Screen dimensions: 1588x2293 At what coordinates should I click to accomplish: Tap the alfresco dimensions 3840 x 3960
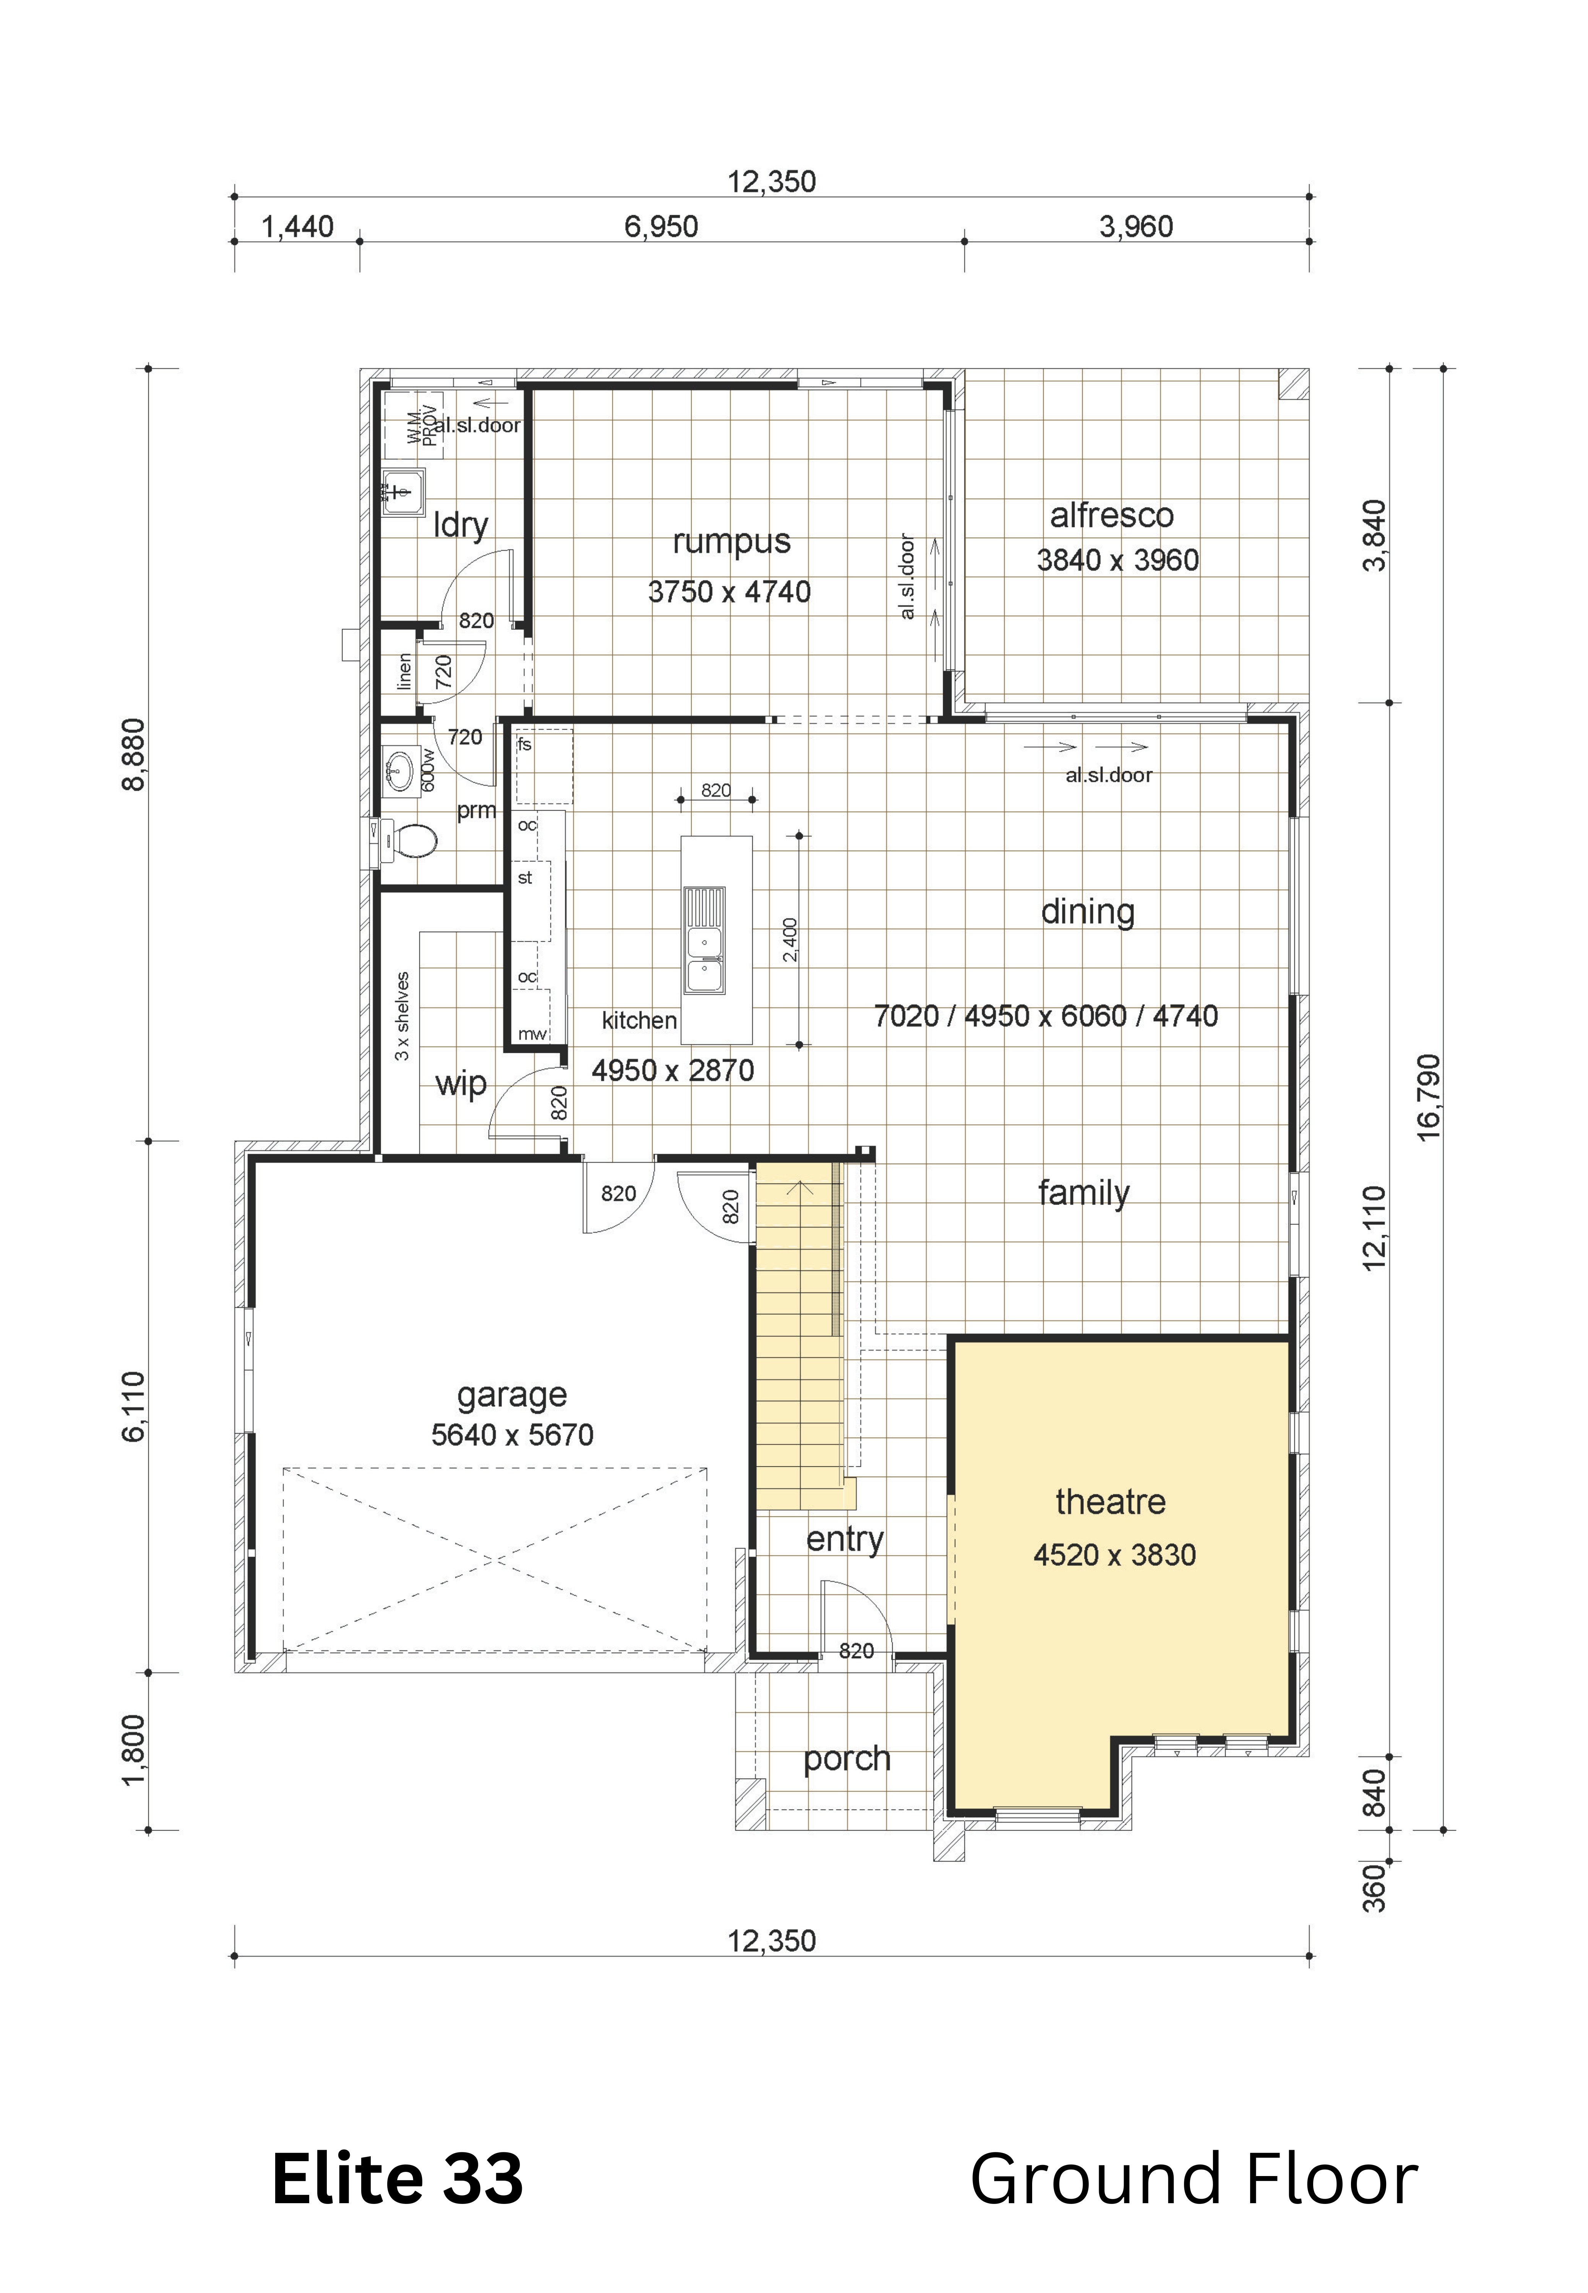1117,560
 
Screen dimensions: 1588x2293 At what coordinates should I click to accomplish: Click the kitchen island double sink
703,940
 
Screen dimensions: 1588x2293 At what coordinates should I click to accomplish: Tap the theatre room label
1111,1501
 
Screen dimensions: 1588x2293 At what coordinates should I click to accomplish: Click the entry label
845,1540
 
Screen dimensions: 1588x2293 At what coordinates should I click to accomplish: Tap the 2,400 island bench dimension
790,940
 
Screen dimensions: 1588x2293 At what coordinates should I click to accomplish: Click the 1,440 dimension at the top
297,227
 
